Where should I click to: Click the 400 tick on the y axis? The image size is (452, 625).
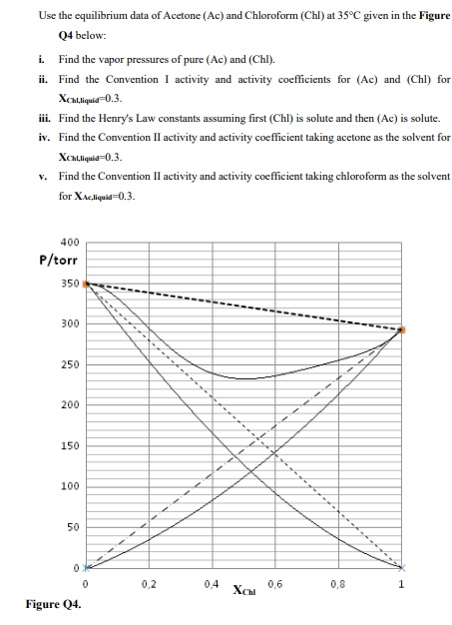click(x=70, y=243)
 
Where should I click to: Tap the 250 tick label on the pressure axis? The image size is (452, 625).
click(x=70, y=364)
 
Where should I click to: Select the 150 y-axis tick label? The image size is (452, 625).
click(x=70, y=445)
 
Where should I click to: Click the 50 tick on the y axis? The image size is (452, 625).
click(x=73, y=526)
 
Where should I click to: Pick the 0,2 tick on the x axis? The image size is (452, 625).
click(x=149, y=583)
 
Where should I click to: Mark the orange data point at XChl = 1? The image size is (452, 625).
click(x=401, y=328)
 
